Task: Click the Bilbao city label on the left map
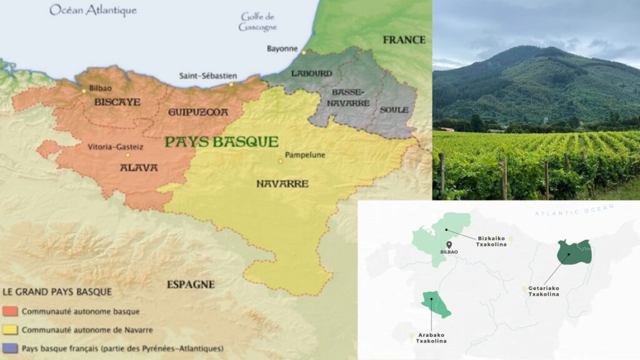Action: (100, 88)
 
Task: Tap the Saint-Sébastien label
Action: (206, 76)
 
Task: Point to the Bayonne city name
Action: (282, 48)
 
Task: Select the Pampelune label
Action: (305, 154)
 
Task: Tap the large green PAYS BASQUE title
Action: (221, 141)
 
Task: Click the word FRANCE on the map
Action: (404, 39)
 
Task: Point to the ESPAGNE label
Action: (191, 284)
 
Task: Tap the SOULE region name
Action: (394, 110)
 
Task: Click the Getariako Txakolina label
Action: (544, 291)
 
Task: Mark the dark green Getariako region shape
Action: (574, 252)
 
